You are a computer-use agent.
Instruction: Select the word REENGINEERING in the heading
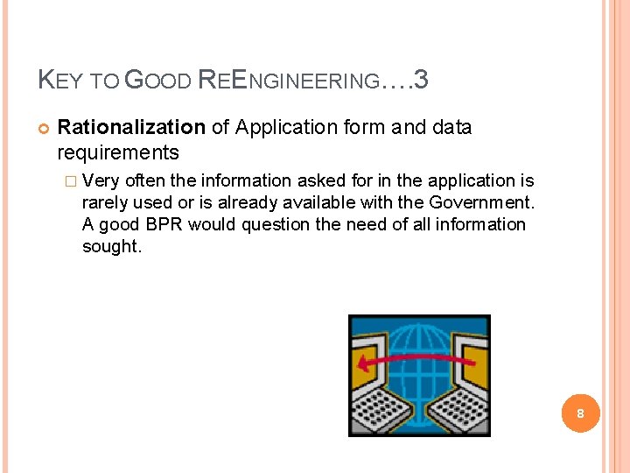tap(289, 82)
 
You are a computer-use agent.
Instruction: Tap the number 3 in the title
tap(421, 81)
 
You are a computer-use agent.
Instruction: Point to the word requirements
tap(118, 153)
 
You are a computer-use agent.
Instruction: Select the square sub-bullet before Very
tap(71, 181)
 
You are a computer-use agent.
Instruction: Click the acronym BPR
tap(164, 224)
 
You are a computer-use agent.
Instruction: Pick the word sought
tap(111, 246)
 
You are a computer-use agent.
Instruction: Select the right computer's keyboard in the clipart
tap(458, 407)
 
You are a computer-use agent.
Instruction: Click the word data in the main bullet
tap(451, 128)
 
